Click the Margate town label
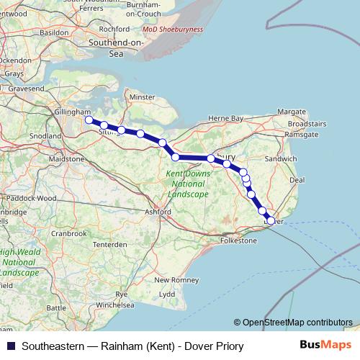[x=292, y=112]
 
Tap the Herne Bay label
[x=226, y=118]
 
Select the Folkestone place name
[x=238, y=240]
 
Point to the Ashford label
[x=158, y=212]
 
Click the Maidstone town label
[x=71, y=158]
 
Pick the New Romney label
[x=171, y=279]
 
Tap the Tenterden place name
[x=109, y=245]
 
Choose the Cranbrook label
[x=68, y=233]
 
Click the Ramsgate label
[x=302, y=135]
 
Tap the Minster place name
[x=142, y=96]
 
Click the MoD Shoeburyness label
[x=173, y=30]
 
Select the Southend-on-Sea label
[x=116, y=48]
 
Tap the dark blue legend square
[x=11, y=346]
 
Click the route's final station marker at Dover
[x=271, y=221]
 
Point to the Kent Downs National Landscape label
[x=189, y=184]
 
